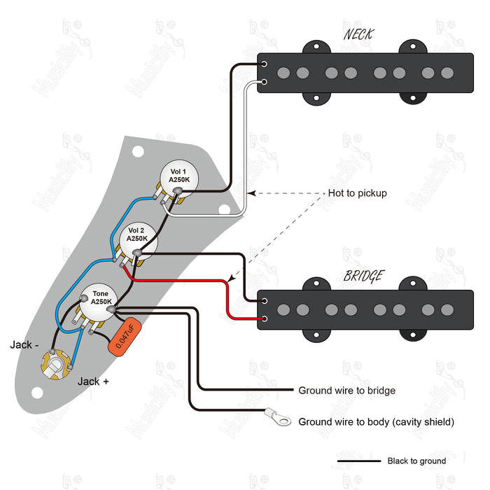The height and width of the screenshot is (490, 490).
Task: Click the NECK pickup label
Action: tap(358, 34)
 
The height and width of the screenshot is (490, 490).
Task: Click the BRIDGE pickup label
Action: tap(363, 276)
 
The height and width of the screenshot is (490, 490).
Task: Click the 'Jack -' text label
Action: tap(25, 344)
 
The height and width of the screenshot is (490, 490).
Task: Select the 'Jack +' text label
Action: tap(92, 381)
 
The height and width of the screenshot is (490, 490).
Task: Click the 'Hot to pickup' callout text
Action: tap(357, 193)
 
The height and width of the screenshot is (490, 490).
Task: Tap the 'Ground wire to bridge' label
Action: tap(346, 391)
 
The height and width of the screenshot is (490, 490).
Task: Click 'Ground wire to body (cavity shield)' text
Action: tap(376, 421)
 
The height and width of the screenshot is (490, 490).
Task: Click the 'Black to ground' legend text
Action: tap(416, 461)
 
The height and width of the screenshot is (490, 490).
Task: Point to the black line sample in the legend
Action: tap(357, 461)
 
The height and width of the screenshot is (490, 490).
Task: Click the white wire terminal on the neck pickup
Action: tap(264, 85)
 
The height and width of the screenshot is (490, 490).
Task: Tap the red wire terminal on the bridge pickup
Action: tap(264, 321)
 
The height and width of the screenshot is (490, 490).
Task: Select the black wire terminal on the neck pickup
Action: tap(264, 64)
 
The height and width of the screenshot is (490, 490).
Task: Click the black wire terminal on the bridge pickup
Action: tap(264, 301)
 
